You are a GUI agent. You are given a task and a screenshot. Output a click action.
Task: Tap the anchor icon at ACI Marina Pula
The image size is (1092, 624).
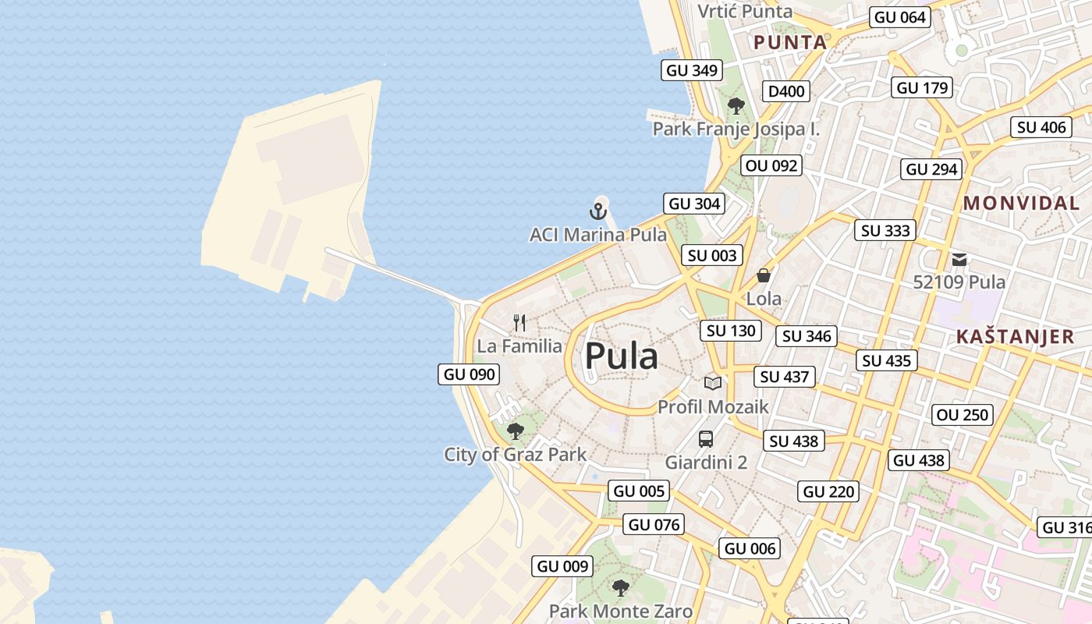(597, 211)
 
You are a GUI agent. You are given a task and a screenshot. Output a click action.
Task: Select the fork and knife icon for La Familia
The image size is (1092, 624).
(519, 322)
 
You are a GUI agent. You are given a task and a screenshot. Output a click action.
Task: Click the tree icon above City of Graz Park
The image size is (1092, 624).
(515, 431)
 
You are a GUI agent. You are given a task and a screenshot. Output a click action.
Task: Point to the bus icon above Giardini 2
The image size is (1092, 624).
(706, 438)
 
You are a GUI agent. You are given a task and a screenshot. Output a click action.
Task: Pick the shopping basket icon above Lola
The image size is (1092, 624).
(764, 275)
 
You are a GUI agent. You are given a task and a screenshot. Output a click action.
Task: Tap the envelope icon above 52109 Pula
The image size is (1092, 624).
(959, 259)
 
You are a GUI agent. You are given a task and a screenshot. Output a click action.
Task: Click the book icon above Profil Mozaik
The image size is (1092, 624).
(713, 383)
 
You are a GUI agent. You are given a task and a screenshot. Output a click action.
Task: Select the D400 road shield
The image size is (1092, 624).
(786, 91)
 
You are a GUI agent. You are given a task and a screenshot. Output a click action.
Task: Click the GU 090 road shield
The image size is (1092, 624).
(469, 374)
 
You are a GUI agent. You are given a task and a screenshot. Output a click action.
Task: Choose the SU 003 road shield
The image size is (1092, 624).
(712, 255)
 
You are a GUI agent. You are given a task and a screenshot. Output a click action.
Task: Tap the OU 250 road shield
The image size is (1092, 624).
(963, 415)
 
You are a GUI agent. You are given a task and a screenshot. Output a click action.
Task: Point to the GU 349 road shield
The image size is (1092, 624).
(691, 70)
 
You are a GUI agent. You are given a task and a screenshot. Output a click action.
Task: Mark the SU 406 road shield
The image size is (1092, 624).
(1041, 127)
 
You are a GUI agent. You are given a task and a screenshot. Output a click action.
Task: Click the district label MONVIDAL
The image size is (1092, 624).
(1021, 204)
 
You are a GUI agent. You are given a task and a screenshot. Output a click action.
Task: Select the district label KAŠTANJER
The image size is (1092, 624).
(1015, 337)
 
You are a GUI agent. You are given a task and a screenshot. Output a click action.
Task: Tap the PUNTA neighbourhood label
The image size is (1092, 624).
(789, 43)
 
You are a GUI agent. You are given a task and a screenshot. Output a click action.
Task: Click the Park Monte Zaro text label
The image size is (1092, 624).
(621, 611)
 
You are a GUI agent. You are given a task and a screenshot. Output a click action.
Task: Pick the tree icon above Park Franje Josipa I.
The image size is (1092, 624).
(736, 106)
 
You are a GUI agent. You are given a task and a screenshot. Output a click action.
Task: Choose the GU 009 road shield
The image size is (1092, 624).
(563, 566)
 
